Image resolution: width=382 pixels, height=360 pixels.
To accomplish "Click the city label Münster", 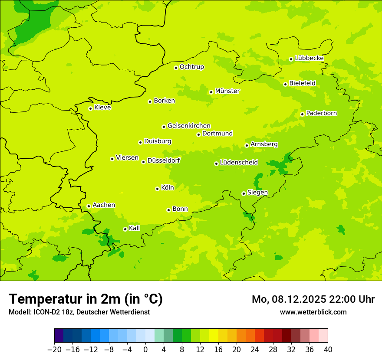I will click(x=227, y=91).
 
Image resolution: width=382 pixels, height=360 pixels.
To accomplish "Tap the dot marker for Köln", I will click(x=157, y=189).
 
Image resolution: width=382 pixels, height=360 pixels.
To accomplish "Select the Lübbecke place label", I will click(x=309, y=58).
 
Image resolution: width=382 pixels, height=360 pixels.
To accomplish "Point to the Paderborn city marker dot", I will click(x=302, y=114).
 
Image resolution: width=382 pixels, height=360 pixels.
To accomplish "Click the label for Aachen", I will click(x=104, y=205).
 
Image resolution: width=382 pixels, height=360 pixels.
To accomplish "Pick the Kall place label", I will click(x=134, y=228).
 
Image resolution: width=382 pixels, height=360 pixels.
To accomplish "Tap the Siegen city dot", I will click(x=244, y=193).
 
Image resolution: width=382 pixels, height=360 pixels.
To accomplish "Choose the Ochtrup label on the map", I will click(x=191, y=67).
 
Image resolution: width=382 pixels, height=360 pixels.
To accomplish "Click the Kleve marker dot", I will click(x=90, y=108).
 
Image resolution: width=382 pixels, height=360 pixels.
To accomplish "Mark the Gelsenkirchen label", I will click(x=189, y=126).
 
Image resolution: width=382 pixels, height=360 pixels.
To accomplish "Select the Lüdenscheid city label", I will click(x=239, y=163).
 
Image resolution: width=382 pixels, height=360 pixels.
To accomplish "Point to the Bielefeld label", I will click(x=302, y=83).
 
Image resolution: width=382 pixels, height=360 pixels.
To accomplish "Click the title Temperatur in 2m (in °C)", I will click(x=86, y=299).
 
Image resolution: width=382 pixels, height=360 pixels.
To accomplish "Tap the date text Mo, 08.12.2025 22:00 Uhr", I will click(x=313, y=299).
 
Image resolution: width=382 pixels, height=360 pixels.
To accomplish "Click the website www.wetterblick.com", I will click(x=313, y=312).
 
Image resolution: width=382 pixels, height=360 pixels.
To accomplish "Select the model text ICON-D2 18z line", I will click(x=79, y=312).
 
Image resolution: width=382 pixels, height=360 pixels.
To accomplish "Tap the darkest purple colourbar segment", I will click(x=59, y=336).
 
